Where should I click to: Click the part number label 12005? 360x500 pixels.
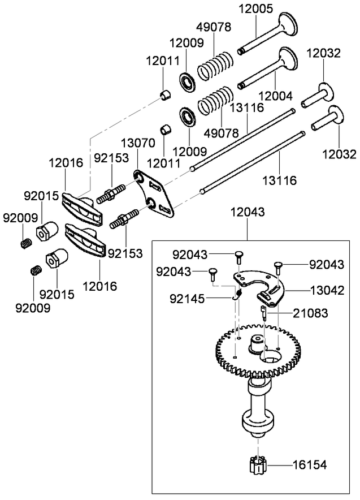tap(256, 8)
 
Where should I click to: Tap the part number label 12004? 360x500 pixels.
tap(275, 96)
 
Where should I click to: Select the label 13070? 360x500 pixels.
tap(138, 143)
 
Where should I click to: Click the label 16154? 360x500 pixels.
tap(310, 465)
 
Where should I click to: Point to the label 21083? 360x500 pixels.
tap(310, 313)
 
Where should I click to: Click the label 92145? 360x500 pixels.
tap(187, 299)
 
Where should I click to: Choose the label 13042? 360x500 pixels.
tap(327, 290)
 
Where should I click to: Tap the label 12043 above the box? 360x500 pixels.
tap(248, 212)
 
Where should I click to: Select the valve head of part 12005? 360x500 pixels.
tap(288, 24)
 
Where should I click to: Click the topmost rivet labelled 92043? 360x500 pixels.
tap(238, 256)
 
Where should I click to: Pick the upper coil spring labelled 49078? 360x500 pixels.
tap(214, 66)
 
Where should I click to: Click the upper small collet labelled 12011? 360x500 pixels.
tap(165, 96)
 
